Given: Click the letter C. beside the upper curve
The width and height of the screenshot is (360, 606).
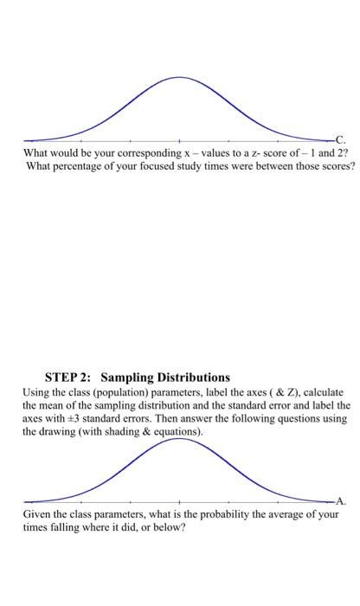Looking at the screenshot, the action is [x=340, y=139].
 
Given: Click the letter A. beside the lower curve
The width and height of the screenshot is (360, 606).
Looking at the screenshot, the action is [x=340, y=500].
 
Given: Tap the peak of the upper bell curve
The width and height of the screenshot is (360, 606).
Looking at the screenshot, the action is [x=179, y=78].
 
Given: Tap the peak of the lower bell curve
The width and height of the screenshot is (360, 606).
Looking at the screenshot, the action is [x=179, y=439].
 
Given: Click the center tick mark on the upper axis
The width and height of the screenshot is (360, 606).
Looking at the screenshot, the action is [x=179, y=139].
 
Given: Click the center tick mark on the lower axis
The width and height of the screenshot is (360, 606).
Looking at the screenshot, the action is [x=179, y=501].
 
